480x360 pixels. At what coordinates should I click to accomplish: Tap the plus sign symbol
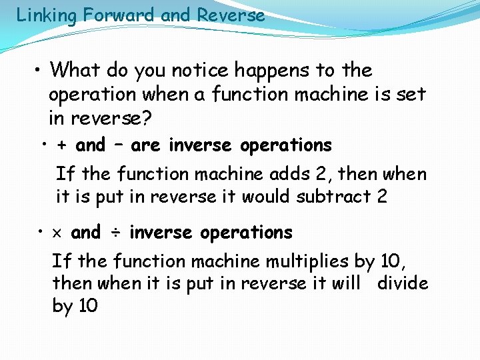[x=62, y=145]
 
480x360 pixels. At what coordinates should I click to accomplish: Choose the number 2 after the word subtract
[x=381, y=197]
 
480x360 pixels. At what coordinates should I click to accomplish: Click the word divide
[x=402, y=283]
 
